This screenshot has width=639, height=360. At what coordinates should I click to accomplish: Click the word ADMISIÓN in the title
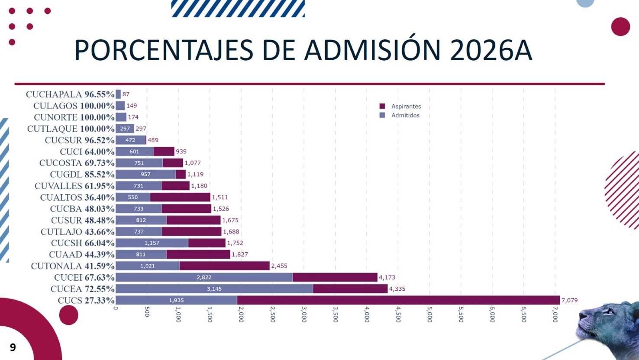[372, 50]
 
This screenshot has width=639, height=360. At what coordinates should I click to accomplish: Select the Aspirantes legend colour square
[382, 106]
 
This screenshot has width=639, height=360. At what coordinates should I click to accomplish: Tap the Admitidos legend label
[405, 115]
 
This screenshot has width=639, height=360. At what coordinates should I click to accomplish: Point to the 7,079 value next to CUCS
[569, 300]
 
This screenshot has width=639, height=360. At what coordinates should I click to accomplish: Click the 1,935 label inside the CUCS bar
[176, 300]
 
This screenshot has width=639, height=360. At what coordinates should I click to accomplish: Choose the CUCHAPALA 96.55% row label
[70, 94]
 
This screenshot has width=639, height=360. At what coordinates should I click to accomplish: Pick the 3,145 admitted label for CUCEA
[214, 289]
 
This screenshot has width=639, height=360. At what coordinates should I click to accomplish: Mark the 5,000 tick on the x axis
[429, 315]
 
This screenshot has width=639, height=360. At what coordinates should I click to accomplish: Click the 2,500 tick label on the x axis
[272, 315]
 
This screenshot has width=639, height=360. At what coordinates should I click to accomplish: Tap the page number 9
[13, 347]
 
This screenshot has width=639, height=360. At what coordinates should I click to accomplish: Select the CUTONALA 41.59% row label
[72, 266]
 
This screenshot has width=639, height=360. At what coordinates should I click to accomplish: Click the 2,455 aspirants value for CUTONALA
[279, 266]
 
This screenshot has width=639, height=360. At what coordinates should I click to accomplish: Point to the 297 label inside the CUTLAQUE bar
[125, 129]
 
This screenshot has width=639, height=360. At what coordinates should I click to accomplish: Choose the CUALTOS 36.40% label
[77, 198]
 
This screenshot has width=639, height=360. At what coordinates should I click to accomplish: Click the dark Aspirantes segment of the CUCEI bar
[335, 277]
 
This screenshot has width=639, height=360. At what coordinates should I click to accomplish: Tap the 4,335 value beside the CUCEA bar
[397, 289]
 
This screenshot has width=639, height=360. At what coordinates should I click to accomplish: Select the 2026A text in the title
[491, 50]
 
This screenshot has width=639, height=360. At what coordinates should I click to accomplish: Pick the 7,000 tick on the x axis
[555, 315]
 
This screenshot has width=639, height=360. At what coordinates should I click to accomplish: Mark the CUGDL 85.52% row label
[82, 175]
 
